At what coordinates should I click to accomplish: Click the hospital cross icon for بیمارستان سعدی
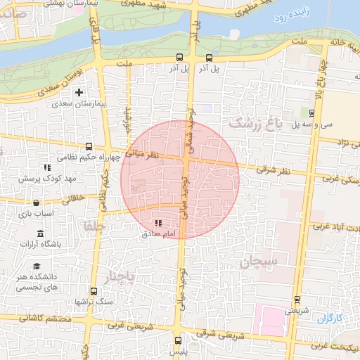coord(79,92)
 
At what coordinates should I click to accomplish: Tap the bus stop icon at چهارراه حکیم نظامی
coord(89,147)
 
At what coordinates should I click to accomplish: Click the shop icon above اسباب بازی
coord(36,202)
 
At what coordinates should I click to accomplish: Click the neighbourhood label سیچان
coord(259,262)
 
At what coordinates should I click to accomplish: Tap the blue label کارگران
coord(328,319)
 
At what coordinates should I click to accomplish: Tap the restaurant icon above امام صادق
coord(157,223)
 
